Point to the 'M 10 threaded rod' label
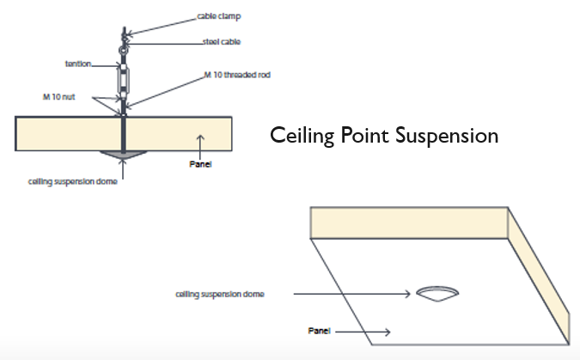pos(235,76)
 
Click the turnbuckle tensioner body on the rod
pos(123,82)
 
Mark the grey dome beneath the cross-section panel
pos(123,153)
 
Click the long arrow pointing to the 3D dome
pos(352,294)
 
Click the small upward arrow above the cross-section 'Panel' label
pos(199,142)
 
